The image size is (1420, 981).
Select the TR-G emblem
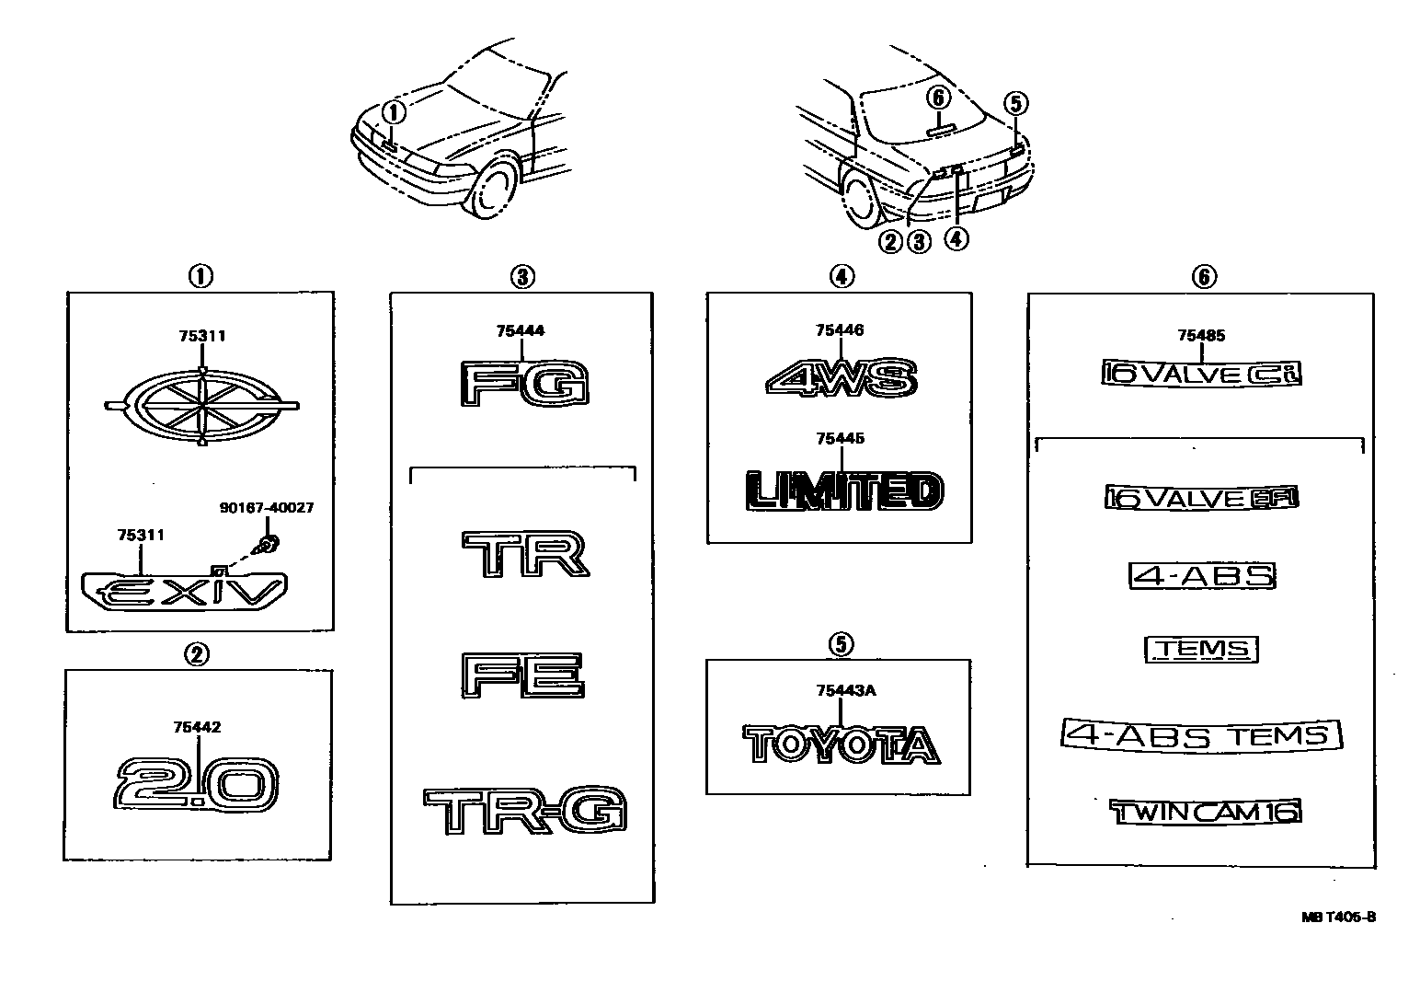525,811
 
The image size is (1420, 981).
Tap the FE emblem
523,676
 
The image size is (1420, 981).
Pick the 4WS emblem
840,377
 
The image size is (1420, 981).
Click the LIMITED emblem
843,490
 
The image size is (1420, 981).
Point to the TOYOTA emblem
842,744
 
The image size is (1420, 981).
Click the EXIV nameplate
184,590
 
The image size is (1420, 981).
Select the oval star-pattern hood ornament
202,406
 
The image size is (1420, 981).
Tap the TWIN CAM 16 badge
1205,811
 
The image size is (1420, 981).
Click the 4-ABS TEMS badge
1201,734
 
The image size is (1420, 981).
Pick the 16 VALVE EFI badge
1201,498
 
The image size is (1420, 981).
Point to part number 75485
1201,336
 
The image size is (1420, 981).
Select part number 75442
196,727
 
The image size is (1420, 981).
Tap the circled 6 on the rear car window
937,97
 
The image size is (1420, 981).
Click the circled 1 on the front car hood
393,112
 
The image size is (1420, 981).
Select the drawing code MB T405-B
1338,917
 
